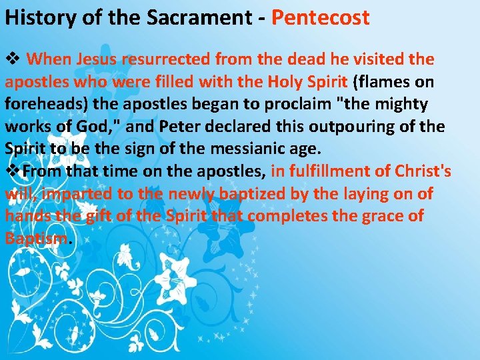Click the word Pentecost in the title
[x=320, y=17]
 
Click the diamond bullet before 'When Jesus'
[x=13, y=59]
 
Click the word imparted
[x=69, y=194]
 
